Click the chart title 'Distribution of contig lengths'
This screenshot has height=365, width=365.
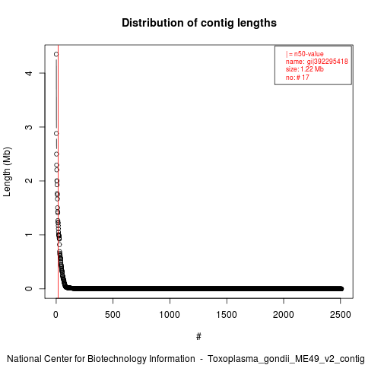[x=199, y=23]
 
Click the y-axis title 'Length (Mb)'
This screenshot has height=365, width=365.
[x=7, y=172]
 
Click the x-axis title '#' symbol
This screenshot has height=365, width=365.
[x=198, y=337]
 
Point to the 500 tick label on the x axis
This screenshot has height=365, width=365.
[x=113, y=315]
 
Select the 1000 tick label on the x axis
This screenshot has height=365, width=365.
[x=170, y=315]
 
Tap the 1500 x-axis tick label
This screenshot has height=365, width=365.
[x=227, y=315]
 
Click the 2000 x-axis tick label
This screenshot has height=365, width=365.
[x=284, y=315]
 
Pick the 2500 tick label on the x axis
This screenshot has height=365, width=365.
[x=341, y=315]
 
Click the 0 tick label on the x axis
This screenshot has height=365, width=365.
[x=56, y=315]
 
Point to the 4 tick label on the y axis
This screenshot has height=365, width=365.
[x=29, y=73]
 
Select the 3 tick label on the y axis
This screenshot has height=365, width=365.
[x=29, y=127]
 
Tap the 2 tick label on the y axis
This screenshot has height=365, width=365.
[x=29, y=181]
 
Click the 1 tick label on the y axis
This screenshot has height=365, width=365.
[x=29, y=234]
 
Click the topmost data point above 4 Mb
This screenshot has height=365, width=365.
[x=56, y=54]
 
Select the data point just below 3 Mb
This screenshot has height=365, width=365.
[x=56, y=134]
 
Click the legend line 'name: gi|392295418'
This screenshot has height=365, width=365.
[x=317, y=62]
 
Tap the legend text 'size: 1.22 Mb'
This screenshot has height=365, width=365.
[x=305, y=69]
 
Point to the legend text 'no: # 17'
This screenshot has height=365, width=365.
[x=297, y=77]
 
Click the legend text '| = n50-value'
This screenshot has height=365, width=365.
[x=305, y=54]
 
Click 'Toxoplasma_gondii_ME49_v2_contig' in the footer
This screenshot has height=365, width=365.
[x=286, y=359]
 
